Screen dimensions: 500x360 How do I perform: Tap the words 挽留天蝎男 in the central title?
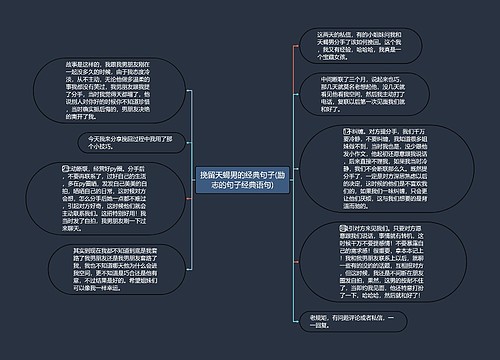(218, 174)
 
